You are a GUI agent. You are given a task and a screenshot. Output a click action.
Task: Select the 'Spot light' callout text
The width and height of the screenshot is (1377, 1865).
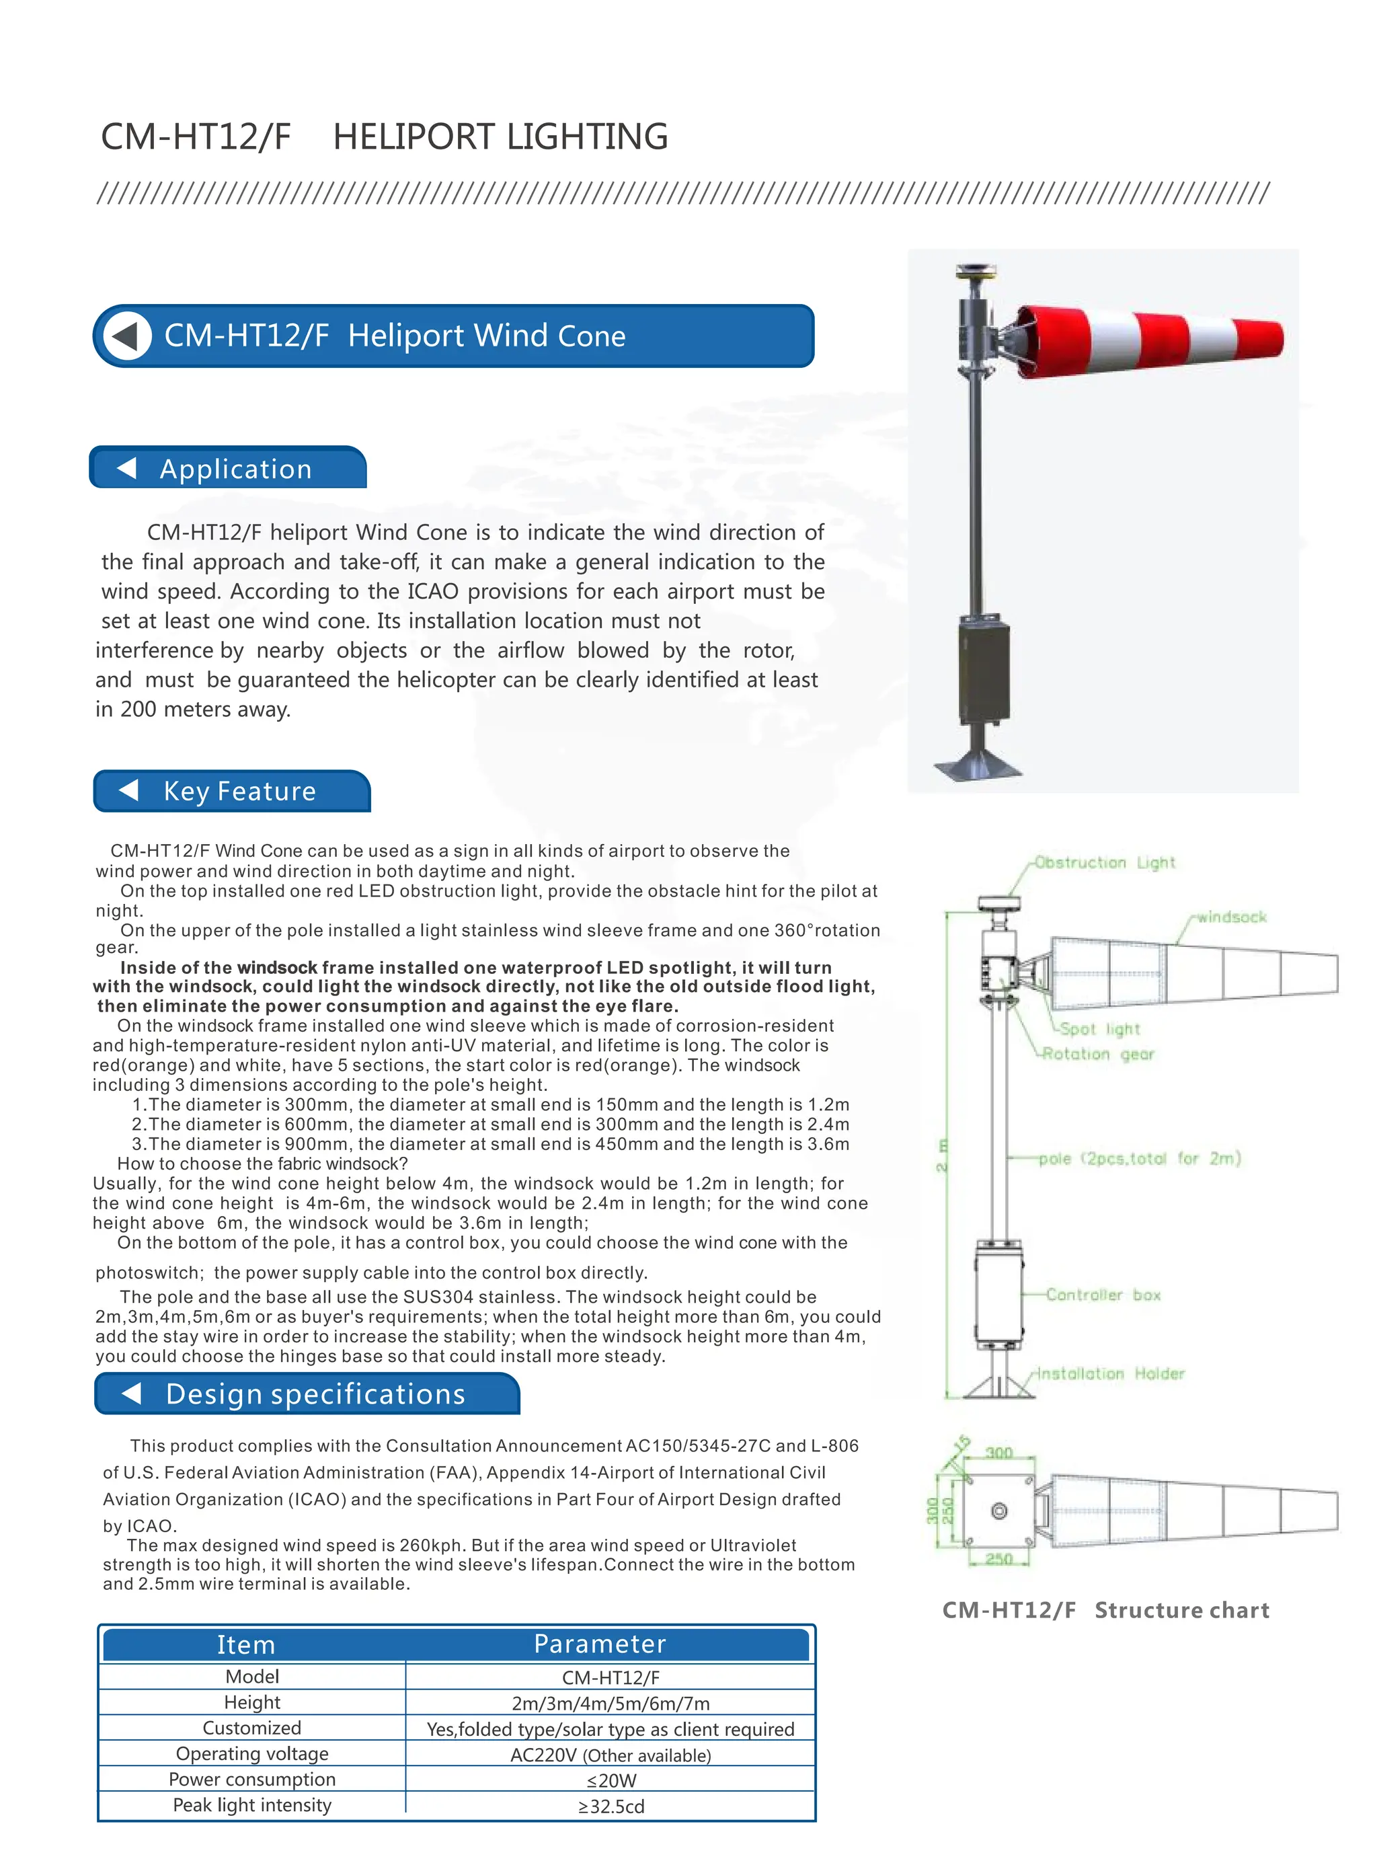[1099, 1029]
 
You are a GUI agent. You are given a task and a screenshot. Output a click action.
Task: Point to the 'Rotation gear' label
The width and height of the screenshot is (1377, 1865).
[1098, 1054]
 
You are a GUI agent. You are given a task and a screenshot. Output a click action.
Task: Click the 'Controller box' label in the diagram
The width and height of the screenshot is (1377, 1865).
[1103, 1295]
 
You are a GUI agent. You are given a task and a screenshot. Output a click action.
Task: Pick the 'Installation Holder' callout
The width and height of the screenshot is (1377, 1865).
[1109, 1373]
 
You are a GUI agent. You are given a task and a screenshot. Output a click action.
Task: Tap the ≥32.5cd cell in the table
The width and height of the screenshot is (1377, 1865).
[611, 1806]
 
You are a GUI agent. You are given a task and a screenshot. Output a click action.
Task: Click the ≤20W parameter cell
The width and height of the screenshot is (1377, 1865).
[611, 1780]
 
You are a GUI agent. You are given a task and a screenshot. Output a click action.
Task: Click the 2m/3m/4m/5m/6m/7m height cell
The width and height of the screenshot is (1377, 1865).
[611, 1704]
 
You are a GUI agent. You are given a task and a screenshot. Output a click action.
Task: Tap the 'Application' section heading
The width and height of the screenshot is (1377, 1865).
[235, 469]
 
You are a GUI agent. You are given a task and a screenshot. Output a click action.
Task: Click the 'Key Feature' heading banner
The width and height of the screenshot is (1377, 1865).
[239, 790]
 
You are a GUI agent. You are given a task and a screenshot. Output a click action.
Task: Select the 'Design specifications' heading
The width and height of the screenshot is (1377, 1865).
[315, 1394]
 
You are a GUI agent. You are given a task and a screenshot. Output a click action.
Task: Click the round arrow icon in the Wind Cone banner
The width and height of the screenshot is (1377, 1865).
[126, 336]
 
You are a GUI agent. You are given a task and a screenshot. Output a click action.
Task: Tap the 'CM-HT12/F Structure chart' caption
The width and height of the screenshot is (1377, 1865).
[1105, 1610]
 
